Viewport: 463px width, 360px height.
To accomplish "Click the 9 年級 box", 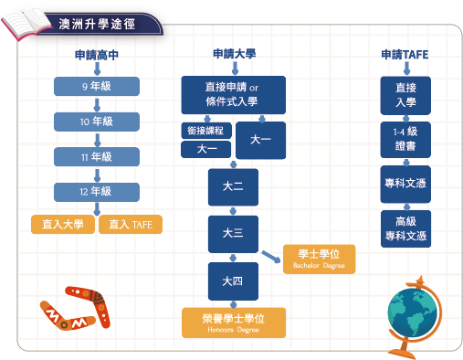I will [96, 87].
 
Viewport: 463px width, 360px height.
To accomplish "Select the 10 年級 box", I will [96, 122].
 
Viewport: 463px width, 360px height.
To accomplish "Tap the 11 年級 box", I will [96, 157].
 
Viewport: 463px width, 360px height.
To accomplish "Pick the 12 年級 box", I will [96, 192].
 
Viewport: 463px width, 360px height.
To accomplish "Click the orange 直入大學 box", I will [63, 224].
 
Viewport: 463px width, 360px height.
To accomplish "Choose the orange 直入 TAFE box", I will [131, 224].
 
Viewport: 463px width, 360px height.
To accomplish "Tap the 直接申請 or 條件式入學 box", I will [234, 92].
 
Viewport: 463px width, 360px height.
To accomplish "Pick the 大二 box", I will [233, 186].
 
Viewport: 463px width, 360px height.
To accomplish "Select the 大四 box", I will [233, 281].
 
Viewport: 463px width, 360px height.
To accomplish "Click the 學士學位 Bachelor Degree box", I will [314, 259].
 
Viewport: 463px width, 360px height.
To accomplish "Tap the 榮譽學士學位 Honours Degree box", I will [234, 322].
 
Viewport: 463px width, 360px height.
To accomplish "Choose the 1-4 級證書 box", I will [405, 139].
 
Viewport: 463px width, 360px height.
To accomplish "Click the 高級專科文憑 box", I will [405, 228].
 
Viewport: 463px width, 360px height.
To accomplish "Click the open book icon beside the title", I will [28, 20].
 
